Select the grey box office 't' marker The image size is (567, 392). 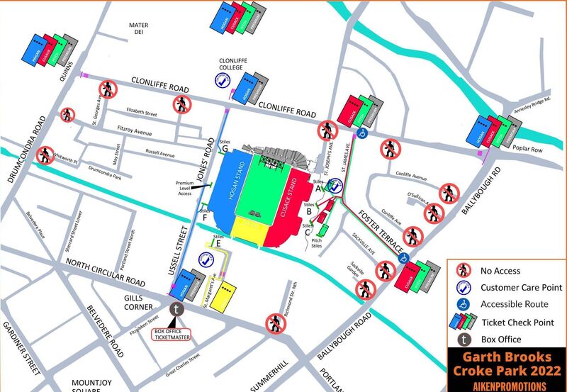[x=177, y=308]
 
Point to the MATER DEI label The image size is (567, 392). [x=138, y=28]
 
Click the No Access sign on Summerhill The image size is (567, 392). [x=275, y=323]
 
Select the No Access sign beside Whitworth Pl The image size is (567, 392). [x=45, y=155]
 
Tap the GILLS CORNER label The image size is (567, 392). [x=138, y=302]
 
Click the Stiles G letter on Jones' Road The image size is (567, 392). [x=225, y=149]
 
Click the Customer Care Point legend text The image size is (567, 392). [x=521, y=288]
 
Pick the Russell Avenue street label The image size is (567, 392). [x=160, y=153]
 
